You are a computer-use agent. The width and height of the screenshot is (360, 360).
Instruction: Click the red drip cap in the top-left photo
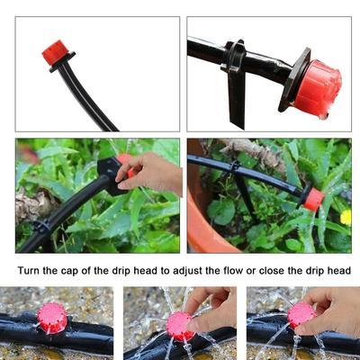(56, 53)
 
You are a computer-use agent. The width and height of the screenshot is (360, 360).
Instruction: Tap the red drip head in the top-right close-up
(316, 88)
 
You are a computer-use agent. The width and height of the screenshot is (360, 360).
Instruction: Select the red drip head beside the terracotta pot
(313, 198)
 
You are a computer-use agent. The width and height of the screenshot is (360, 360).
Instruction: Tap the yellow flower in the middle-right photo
(346, 217)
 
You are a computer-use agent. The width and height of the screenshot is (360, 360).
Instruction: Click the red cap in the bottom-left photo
(52, 318)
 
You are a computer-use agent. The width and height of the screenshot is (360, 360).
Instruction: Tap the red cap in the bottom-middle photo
(181, 325)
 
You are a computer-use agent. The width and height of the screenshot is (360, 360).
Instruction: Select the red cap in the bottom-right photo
(301, 314)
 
